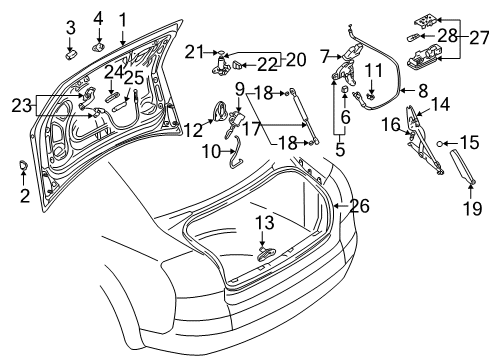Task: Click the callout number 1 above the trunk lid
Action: [123, 20]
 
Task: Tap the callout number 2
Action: [25, 196]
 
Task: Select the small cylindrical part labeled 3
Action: [70, 55]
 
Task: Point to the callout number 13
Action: [265, 222]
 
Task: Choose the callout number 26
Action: [360, 206]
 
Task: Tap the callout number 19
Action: [472, 208]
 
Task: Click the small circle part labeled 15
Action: [440, 144]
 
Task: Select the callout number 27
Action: [479, 38]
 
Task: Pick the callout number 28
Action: [447, 36]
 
